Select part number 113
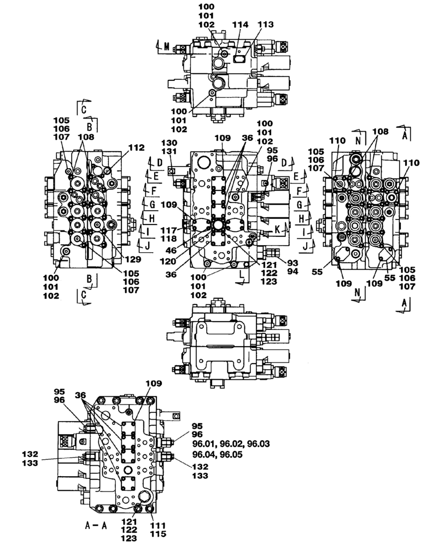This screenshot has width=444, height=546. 265,25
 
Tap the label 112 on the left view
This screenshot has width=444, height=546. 136,147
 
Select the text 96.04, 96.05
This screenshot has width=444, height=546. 213,454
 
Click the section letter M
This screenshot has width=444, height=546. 167,47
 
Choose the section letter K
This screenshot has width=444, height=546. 278,229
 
